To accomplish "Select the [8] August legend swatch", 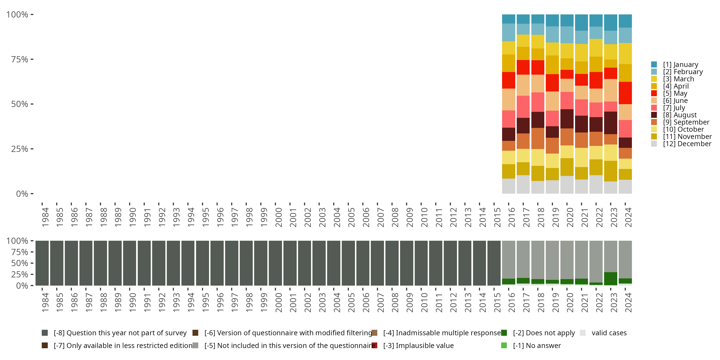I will tap(654, 115).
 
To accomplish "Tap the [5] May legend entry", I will tap(675, 93).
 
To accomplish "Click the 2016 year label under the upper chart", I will tap(511, 217).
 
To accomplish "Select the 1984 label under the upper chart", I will tap(45, 217).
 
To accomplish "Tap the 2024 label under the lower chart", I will tap(628, 302).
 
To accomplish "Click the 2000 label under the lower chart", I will tap(278, 302).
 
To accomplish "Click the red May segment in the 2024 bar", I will tap(625, 93).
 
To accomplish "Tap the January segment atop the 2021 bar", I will tap(581, 22).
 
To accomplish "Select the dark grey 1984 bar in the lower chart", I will tap(42, 263).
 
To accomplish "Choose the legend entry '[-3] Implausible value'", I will tap(418, 345).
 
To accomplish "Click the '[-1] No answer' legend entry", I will tap(536, 345).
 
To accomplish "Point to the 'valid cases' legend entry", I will tap(608, 333).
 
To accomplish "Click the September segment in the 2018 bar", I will tap(538, 138).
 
